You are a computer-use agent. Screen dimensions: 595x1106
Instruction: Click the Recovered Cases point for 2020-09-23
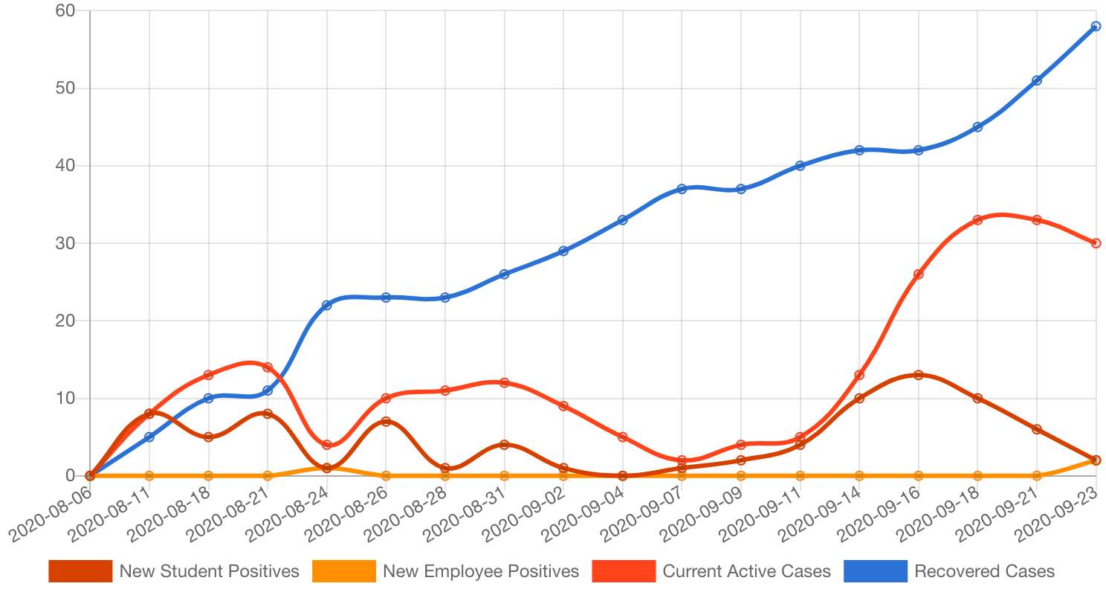point(1096,26)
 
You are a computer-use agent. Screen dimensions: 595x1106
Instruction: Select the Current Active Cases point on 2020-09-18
point(977,220)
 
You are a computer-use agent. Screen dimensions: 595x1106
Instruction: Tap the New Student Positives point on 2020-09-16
point(919,375)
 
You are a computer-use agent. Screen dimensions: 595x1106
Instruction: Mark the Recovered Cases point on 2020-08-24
point(327,305)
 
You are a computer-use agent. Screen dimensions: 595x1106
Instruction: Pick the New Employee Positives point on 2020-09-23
point(1096,460)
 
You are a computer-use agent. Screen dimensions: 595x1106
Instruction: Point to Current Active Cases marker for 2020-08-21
point(268,367)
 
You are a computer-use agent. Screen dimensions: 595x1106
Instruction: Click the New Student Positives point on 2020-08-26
point(386,421)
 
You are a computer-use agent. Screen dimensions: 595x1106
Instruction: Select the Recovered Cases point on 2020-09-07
point(682,189)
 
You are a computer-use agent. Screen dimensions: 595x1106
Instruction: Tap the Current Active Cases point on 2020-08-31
point(504,382)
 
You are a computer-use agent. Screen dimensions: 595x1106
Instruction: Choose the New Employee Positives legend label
point(480,571)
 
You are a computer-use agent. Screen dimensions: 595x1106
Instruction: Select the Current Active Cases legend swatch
point(624,571)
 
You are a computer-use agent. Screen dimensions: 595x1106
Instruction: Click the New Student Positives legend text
point(209,571)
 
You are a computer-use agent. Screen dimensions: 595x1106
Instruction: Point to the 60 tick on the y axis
point(65,11)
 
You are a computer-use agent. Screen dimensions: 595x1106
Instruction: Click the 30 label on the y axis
point(65,243)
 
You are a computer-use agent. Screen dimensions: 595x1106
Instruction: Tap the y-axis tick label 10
point(65,398)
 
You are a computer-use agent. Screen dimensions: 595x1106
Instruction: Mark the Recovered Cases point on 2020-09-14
point(859,150)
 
